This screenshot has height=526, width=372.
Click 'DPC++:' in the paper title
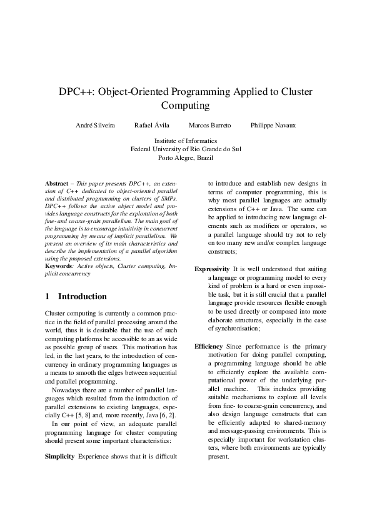pos(75,91)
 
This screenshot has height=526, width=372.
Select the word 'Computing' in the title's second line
pos(186,106)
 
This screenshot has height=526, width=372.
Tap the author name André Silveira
pos(95,126)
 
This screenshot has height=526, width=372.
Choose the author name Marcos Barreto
pos(209,126)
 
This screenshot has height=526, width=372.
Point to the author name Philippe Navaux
pos(273,126)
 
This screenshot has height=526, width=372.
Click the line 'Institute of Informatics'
pos(186,141)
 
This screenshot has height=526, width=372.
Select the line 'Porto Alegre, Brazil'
pos(186,158)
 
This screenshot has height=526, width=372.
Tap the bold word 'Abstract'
pos(57,183)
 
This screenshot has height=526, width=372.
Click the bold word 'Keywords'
pos(59,265)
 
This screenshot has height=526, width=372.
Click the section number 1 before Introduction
pos(48,296)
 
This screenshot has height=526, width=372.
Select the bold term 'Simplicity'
pos(59,456)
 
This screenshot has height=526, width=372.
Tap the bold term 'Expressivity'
pos(212,269)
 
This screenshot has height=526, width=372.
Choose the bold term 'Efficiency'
pos(208,345)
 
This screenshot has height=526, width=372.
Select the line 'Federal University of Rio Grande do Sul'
pos(186,149)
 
